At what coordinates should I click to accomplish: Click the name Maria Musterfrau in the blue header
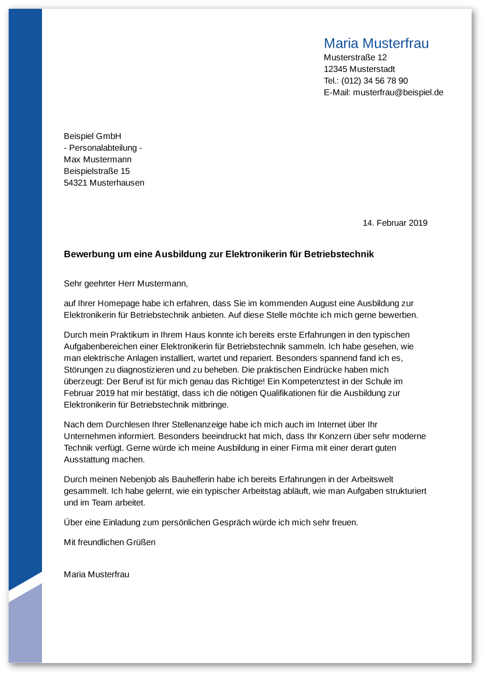(x=376, y=44)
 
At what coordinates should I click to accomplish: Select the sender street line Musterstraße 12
(x=355, y=57)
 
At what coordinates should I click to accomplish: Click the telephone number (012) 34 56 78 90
(x=374, y=81)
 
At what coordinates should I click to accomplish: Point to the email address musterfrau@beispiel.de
(x=398, y=93)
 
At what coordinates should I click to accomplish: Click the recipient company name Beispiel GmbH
(x=92, y=136)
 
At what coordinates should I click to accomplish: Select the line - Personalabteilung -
(x=103, y=148)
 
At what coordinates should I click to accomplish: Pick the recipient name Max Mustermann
(x=97, y=160)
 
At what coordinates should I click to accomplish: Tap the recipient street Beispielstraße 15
(x=96, y=171)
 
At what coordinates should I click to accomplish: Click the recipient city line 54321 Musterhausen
(x=104, y=183)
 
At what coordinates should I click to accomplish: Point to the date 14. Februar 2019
(x=395, y=223)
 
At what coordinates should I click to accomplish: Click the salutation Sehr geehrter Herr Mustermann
(x=125, y=284)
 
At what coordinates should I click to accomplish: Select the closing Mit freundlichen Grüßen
(x=109, y=542)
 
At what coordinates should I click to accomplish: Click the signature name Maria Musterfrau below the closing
(x=96, y=574)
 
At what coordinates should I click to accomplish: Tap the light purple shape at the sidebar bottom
(x=25, y=629)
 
